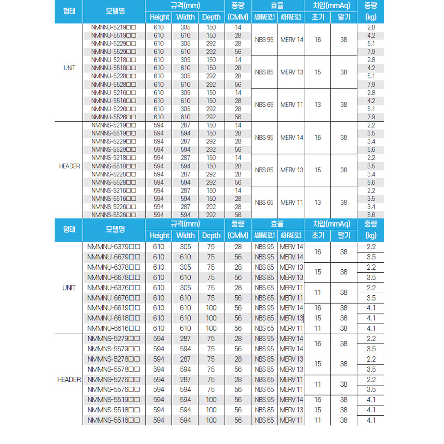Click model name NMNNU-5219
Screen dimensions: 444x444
point(114,27)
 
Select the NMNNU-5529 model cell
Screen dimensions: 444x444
point(114,52)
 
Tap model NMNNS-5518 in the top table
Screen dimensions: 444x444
point(114,166)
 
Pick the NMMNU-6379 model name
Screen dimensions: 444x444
point(114,247)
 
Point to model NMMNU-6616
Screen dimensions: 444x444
point(114,328)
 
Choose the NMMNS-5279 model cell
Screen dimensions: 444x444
point(114,339)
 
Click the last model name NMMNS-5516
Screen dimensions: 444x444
point(114,420)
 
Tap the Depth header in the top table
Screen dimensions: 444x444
point(211,17)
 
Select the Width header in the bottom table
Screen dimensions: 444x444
point(186,235)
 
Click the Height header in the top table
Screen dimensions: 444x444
point(159,17)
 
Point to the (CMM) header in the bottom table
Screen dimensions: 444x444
point(238,235)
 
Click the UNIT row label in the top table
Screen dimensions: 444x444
point(69,68)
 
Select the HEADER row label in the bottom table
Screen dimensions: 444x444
point(69,379)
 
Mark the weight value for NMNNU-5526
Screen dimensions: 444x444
point(371,117)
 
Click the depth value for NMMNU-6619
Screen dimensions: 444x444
point(211,308)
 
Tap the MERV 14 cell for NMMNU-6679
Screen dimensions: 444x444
point(291,257)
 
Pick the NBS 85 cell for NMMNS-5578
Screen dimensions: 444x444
point(264,369)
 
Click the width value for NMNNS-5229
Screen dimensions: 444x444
point(186,141)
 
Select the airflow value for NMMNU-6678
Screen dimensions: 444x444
point(238,277)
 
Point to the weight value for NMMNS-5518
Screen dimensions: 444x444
point(371,410)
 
